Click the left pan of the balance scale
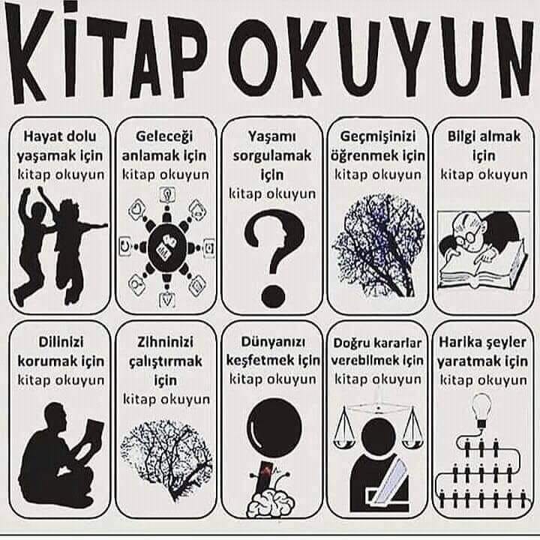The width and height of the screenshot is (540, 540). click(343, 442)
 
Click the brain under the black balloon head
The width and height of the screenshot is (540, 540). click(271, 503)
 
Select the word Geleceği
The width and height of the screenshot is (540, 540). click(164, 136)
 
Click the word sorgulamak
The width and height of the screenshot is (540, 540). click(272, 156)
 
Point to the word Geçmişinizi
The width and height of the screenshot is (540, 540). click(378, 137)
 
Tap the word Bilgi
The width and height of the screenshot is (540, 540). click(460, 136)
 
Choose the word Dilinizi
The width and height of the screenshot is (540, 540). click(61, 342)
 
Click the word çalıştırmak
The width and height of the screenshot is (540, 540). click(165, 361)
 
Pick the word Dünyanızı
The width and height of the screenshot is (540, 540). click(273, 342)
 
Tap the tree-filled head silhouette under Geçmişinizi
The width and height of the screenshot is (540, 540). click(378, 245)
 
